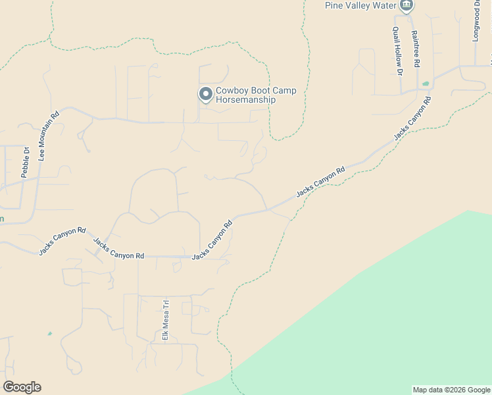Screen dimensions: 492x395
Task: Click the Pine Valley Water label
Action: point(360,5)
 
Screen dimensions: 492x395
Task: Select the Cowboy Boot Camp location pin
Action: point(206,95)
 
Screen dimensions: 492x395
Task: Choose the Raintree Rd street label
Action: point(415,49)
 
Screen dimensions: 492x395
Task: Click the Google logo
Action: point(22,387)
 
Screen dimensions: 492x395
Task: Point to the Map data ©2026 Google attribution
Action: point(451,390)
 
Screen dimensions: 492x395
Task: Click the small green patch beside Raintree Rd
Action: point(426,84)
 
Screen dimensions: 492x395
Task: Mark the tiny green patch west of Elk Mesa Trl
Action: point(49,334)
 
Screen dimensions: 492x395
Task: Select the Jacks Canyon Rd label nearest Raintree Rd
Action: point(412,118)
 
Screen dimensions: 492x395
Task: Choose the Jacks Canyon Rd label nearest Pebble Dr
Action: point(62,241)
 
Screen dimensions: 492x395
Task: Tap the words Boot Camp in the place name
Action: point(274,91)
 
